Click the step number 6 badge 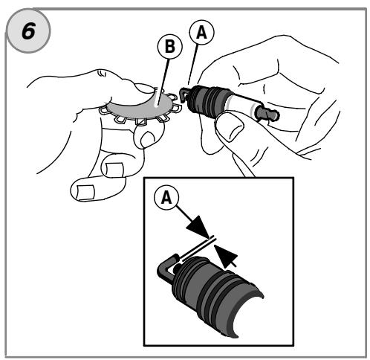[28, 30]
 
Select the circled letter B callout [169, 46]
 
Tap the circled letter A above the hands [201, 33]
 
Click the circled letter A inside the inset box [166, 198]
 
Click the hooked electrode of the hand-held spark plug [184, 94]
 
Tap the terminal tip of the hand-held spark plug [269, 114]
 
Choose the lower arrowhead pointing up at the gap [226, 256]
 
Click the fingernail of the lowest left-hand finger [85, 192]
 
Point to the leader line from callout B [163, 83]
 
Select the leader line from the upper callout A [192, 65]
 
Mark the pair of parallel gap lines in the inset [199, 249]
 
